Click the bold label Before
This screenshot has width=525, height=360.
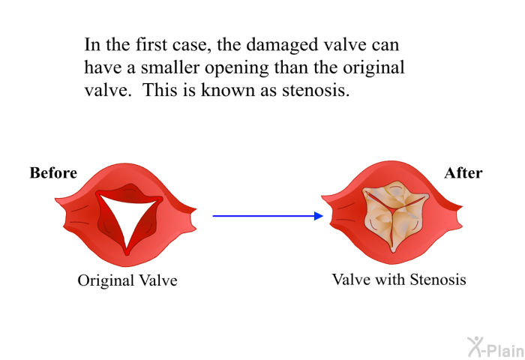[x=53, y=172]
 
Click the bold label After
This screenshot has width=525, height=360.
[x=463, y=172]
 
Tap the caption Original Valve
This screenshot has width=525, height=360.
[x=127, y=280]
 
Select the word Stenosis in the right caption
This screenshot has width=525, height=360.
[x=438, y=279]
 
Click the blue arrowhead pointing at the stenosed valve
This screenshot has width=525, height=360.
[x=319, y=216]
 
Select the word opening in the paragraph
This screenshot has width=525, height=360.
[x=237, y=68]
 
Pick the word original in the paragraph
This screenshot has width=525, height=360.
[x=373, y=68]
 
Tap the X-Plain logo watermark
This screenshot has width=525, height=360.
[x=496, y=346]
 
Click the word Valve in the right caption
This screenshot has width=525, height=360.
[x=351, y=279]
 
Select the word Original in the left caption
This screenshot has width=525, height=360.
[x=106, y=280]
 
